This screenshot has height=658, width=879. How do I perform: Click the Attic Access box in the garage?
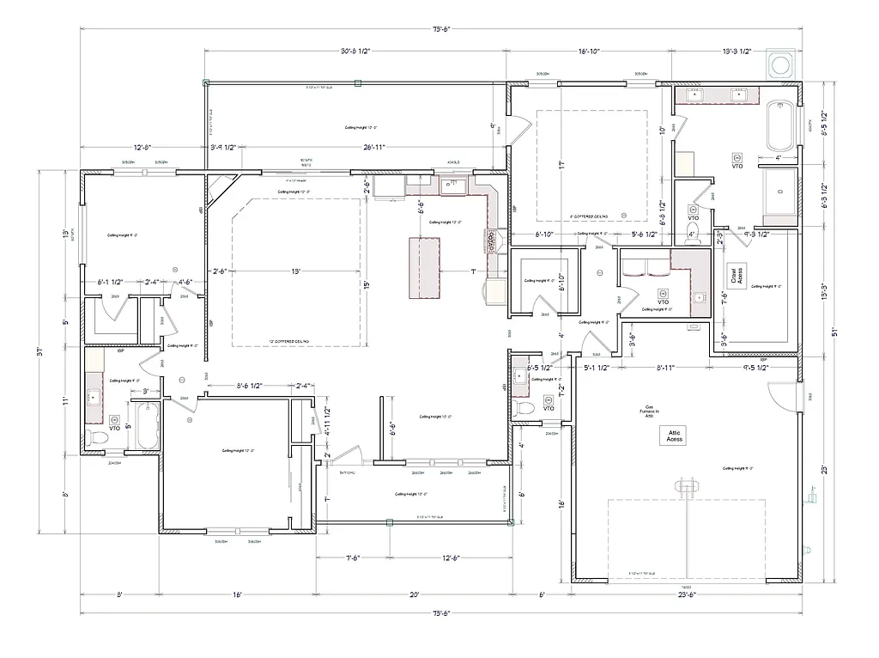(675, 436)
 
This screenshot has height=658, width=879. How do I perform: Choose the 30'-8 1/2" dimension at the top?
(355, 52)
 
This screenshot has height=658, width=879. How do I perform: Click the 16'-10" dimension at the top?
(588, 52)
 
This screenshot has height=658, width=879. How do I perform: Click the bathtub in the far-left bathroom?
(147, 426)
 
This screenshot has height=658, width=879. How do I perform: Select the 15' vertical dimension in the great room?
(366, 284)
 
